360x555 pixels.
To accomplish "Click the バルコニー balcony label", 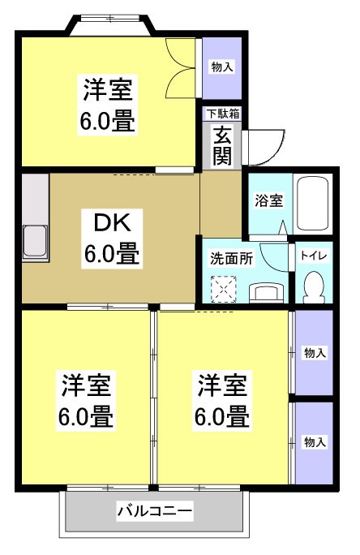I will [x=154, y=511].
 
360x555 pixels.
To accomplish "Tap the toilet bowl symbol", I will [x=313, y=286].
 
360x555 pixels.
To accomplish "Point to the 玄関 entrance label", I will [x=222, y=145].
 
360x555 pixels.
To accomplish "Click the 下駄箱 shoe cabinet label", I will [x=222, y=114].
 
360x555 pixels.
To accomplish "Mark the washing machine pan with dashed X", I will [x=222, y=287].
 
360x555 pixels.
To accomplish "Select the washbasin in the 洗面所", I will [x=263, y=290].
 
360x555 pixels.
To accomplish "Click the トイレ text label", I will [x=313, y=255].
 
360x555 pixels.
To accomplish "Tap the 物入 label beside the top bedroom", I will [x=222, y=67].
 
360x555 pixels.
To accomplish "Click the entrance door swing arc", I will [x=266, y=146].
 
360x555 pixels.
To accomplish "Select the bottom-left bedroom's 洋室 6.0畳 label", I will [x=84, y=402].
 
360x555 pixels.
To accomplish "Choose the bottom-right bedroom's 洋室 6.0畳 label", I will [x=221, y=402].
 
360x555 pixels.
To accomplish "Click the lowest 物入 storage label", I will [x=315, y=441].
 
